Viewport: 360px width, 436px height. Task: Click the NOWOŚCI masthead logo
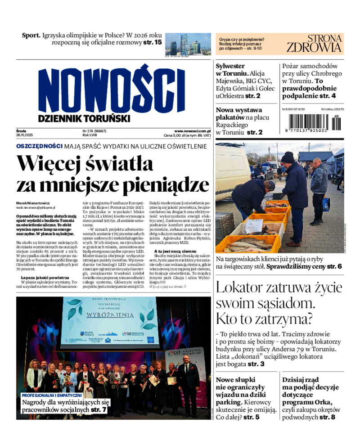[x=111, y=90]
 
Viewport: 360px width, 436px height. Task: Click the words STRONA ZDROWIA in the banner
[x=314, y=44]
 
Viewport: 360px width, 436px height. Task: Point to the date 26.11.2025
[x=27, y=135]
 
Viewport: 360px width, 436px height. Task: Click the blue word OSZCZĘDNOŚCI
[x=39, y=146]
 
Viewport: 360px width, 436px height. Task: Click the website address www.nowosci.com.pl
[x=192, y=131]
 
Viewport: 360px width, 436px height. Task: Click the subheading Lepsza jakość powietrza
[x=44, y=278]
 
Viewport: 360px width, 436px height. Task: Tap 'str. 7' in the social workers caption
[x=99, y=410]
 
